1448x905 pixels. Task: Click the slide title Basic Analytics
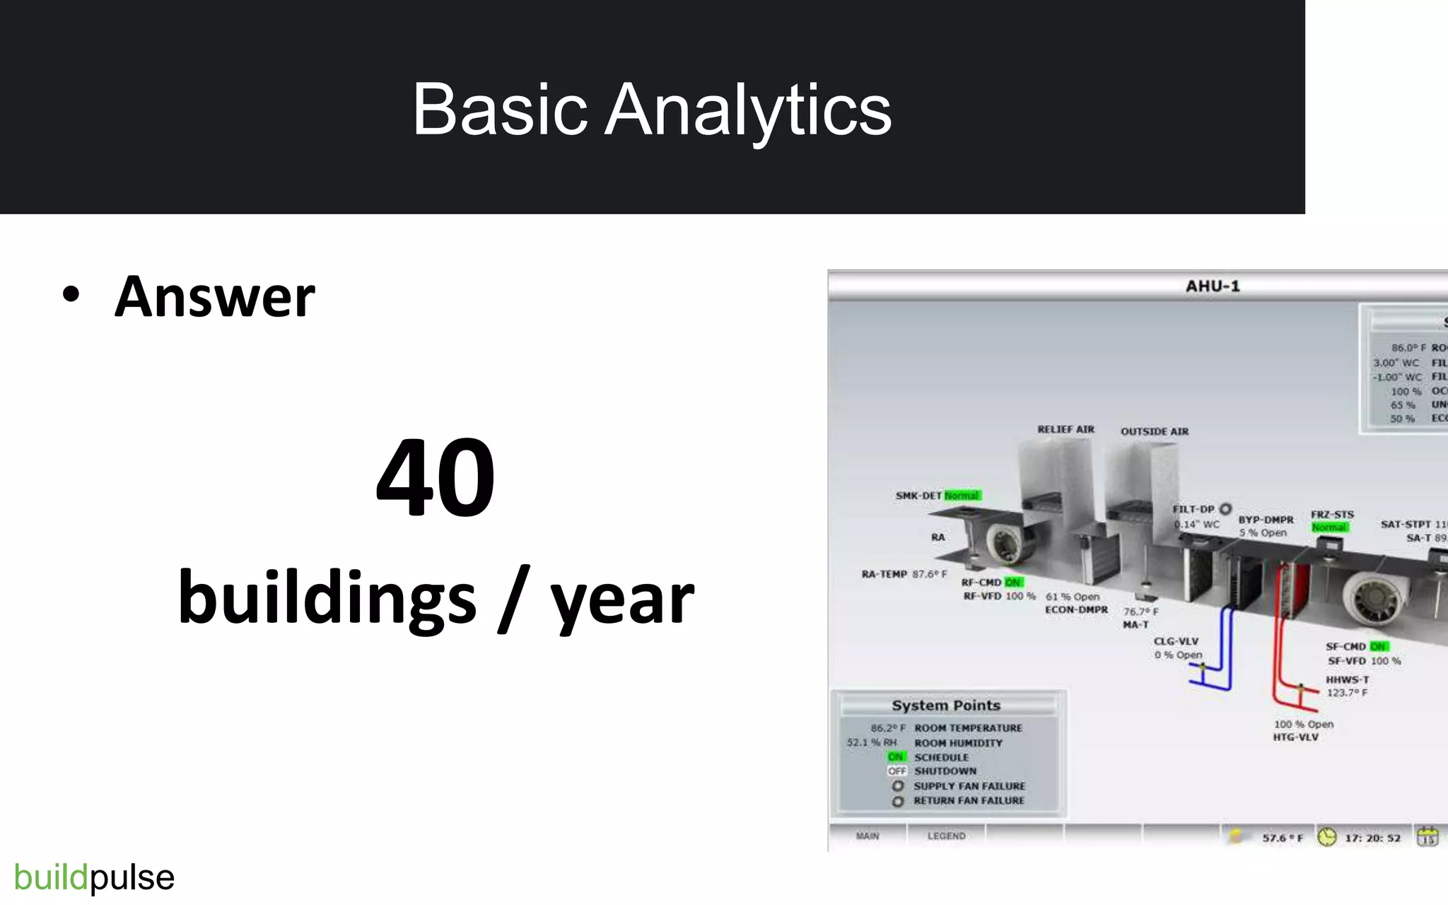(651, 110)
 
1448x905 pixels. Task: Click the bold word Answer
(214, 297)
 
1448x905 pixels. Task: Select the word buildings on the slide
(327, 598)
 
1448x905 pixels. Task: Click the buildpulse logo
(94, 877)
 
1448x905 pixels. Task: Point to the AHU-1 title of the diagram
(1213, 286)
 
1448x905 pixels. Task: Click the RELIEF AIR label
(1065, 429)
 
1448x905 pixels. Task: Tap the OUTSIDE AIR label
(1154, 431)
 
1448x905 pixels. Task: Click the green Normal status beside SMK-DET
(962, 496)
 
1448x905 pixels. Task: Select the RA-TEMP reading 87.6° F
(929, 574)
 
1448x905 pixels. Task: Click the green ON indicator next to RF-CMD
(1012, 583)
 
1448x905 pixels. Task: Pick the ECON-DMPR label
(1076, 609)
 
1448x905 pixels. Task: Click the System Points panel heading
(946, 706)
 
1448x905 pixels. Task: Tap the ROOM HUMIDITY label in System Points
(958, 743)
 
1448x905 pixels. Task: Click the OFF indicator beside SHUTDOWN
(897, 771)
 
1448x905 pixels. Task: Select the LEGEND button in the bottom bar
(946, 836)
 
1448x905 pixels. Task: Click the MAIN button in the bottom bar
(868, 836)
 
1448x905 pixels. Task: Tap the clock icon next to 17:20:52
(1327, 837)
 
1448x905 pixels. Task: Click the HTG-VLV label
(1295, 737)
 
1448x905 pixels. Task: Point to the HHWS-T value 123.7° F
(1346, 693)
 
